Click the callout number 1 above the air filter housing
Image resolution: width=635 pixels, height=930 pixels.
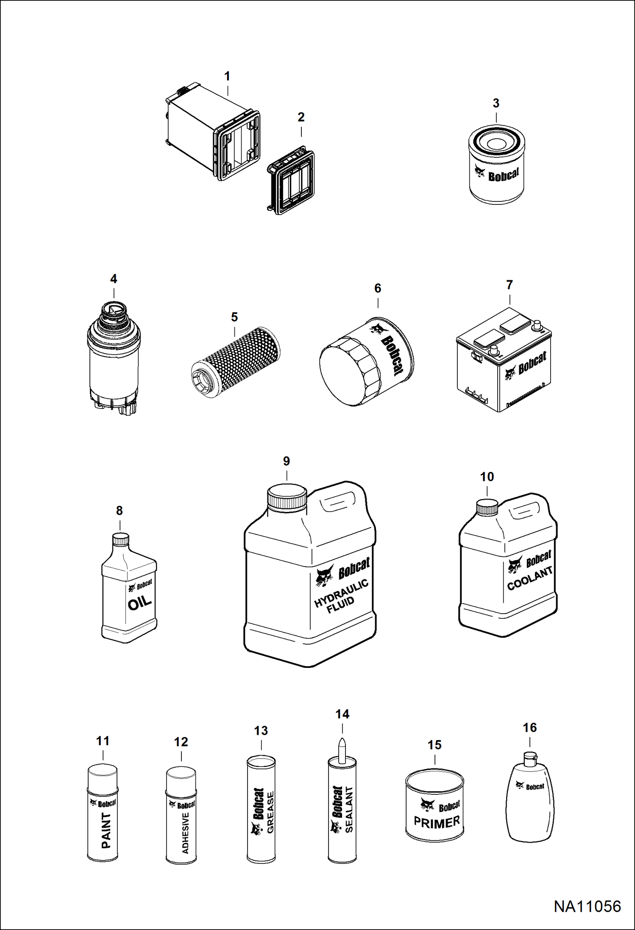[227, 76]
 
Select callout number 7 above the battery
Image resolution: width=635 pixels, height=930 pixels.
[510, 285]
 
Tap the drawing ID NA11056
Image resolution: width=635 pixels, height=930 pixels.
[587, 906]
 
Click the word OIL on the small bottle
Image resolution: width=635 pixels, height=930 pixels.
[139, 603]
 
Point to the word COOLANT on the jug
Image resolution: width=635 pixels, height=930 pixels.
[530, 578]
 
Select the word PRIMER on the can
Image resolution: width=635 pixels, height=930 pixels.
[437, 823]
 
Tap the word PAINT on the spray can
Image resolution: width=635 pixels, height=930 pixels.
[106, 830]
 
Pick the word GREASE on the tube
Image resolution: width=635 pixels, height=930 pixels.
[270, 813]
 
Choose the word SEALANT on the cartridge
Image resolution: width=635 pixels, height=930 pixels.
[349, 810]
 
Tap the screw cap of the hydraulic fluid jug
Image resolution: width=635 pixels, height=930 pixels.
[287, 497]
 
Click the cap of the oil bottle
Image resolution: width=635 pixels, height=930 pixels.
[120, 539]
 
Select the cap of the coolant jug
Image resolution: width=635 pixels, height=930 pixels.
[487, 507]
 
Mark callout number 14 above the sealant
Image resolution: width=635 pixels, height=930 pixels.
[343, 714]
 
